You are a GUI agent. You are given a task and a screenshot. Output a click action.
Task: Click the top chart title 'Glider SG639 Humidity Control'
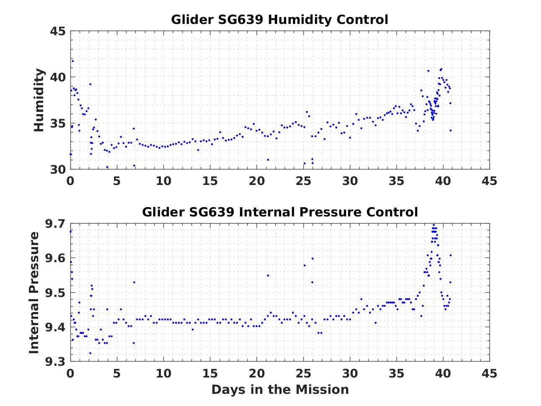point(280,20)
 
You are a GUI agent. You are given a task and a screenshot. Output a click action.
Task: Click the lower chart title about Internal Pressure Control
point(280,212)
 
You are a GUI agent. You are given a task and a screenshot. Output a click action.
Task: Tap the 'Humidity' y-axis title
point(39,100)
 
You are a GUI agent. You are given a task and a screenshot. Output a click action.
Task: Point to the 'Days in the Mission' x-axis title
point(280,390)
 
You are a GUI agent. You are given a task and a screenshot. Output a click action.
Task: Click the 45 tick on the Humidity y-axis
point(58,31)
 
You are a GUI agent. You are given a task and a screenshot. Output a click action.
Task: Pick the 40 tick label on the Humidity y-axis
point(58,78)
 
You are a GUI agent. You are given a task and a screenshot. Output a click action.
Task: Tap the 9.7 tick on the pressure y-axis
point(55,224)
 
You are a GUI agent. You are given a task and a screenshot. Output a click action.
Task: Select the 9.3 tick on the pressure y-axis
point(55,362)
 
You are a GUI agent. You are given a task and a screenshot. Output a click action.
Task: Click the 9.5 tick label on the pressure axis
point(55,293)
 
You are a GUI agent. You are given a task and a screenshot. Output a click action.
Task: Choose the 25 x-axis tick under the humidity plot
point(303,181)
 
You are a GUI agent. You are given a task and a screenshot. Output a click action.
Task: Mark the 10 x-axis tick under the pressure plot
point(163,373)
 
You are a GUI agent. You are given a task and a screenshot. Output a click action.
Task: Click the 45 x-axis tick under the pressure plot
point(489,373)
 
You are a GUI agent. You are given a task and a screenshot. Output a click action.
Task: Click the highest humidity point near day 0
point(72,61)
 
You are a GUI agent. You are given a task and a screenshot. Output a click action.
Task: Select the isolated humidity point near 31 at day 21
point(268,159)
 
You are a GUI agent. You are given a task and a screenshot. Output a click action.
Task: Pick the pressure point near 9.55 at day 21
point(268,276)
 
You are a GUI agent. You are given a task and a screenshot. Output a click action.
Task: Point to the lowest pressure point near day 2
point(90,353)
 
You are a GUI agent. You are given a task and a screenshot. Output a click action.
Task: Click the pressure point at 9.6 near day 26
point(312,258)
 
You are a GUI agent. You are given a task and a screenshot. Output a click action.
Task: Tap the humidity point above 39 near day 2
point(90,84)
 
